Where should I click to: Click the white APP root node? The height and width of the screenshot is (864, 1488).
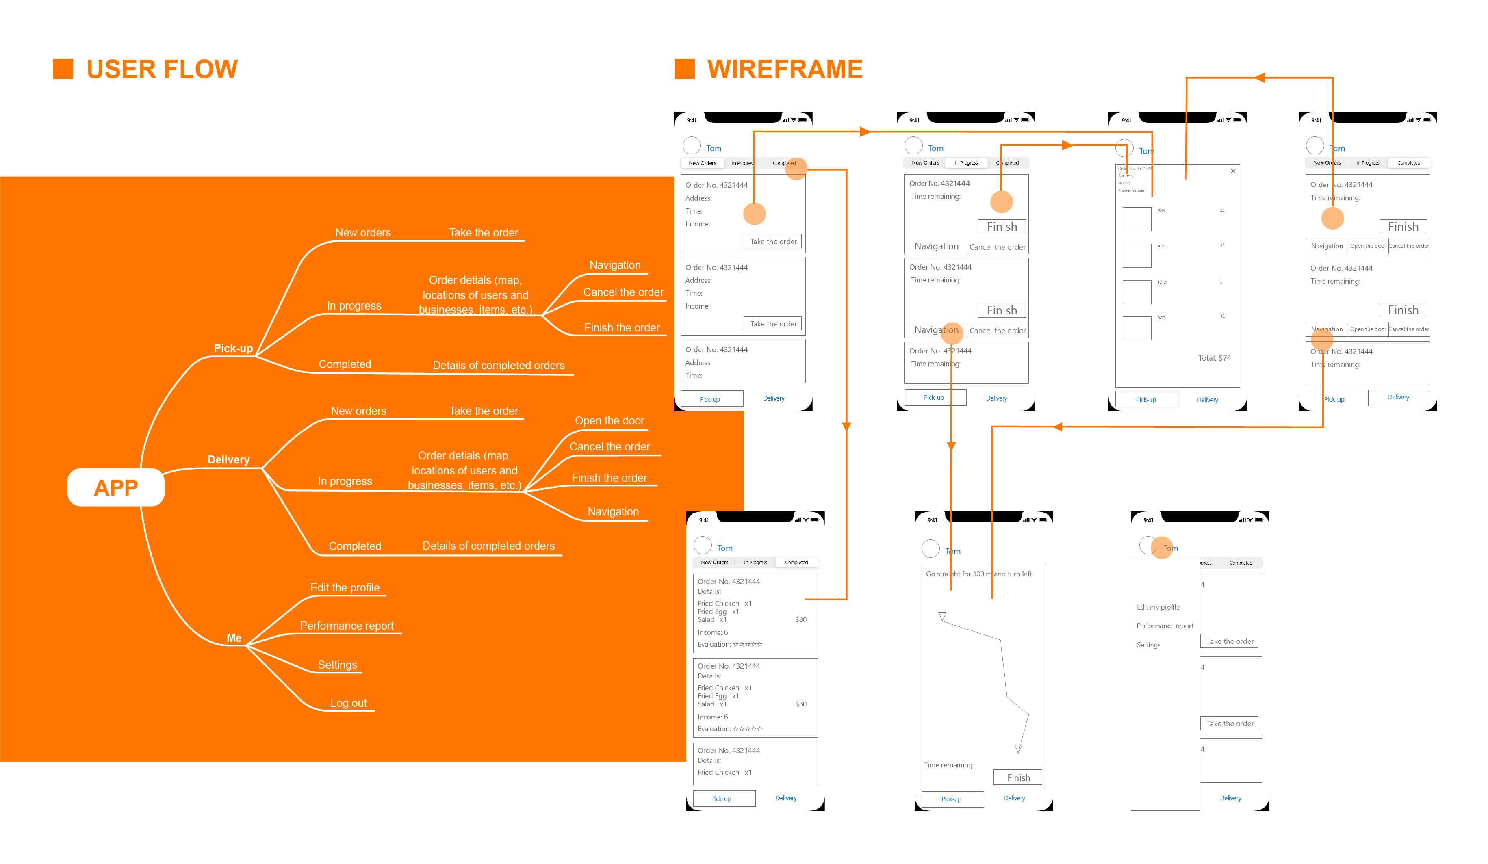116,487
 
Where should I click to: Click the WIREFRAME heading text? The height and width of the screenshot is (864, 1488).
785,69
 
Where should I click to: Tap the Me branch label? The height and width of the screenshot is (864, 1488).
234,638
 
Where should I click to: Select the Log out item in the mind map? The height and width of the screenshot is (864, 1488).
348,703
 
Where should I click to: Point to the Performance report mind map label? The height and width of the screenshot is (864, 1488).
347,626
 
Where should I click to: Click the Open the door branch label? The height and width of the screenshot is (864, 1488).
610,421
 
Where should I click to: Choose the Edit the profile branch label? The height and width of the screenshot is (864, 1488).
345,588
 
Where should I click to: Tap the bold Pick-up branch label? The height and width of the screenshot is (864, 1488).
233,348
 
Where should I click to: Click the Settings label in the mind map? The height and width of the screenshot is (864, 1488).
337,665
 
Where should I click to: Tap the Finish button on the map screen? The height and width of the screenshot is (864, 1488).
1018,778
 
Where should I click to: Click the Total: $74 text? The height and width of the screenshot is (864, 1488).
1214,358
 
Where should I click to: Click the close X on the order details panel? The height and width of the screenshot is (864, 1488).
1233,171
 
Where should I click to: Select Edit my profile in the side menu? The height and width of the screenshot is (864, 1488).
1158,607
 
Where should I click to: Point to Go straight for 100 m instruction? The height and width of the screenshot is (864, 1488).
978,574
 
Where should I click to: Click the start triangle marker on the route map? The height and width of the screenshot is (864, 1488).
942,616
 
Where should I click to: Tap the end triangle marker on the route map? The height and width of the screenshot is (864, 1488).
1018,748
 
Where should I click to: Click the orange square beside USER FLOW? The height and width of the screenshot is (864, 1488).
63,69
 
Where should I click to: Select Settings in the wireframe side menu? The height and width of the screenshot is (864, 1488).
1148,645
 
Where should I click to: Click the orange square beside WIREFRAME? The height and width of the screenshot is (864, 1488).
684,69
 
